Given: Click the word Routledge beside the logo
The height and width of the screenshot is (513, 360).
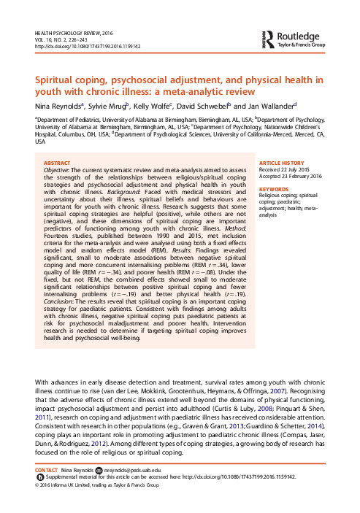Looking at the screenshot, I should pyautogui.click(x=301, y=35).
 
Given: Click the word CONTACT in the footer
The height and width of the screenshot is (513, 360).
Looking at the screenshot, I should pyautogui.click(x=47, y=471).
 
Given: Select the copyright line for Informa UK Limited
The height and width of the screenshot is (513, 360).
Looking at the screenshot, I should pyautogui.click(x=97, y=483).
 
